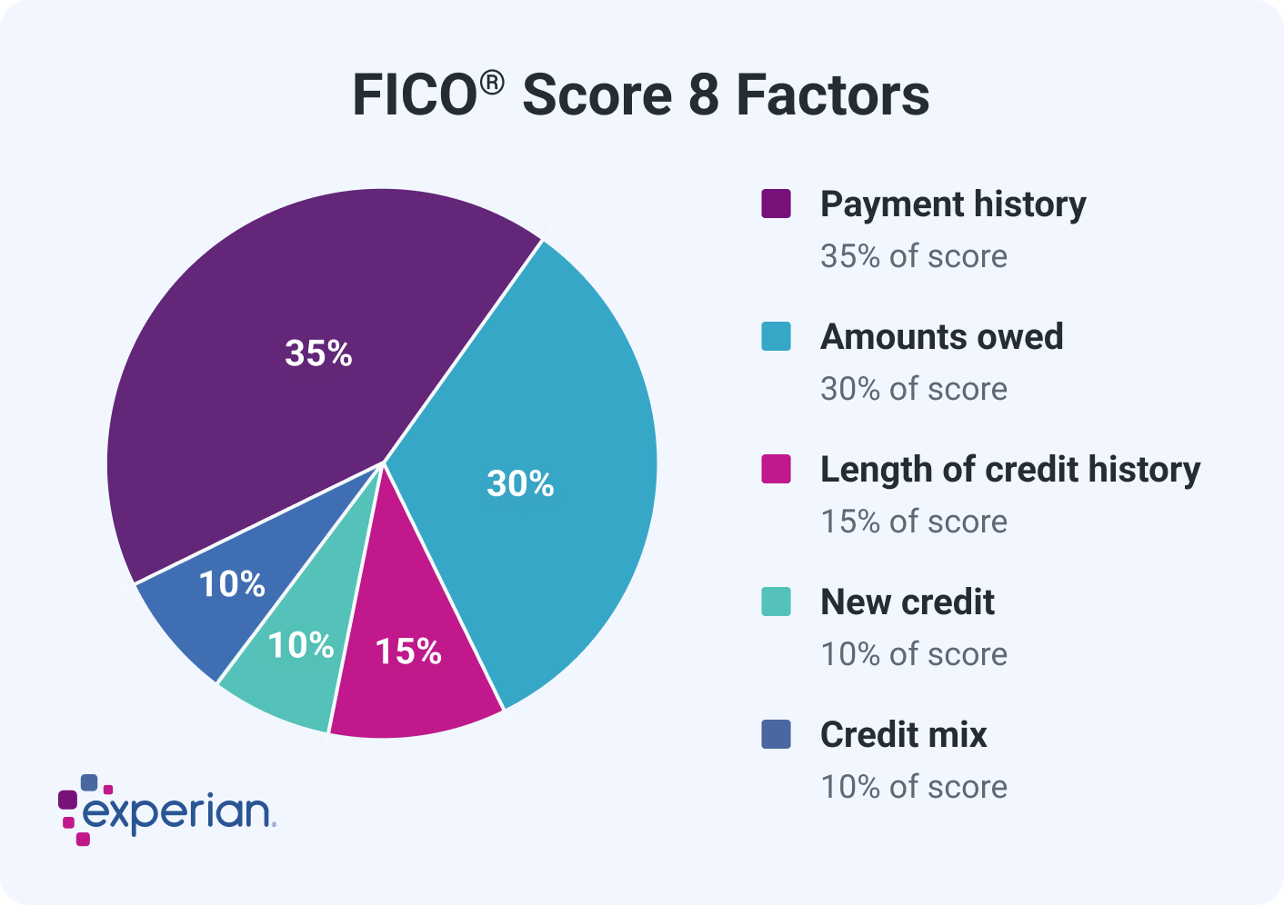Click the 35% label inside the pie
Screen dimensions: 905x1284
(318, 353)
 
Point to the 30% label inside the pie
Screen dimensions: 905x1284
(520, 484)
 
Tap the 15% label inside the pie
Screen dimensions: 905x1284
(408, 651)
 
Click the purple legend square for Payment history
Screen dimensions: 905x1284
(776, 204)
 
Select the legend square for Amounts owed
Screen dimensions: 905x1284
(776, 336)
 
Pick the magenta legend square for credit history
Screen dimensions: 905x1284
(776, 469)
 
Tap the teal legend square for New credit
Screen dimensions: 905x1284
(776, 602)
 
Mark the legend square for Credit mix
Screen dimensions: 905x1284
(776, 734)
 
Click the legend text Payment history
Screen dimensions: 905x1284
(953, 204)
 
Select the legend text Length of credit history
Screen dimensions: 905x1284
(1010, 470)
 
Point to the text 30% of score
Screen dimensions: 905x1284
(914, 389)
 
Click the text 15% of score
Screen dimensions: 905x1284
(914, 522)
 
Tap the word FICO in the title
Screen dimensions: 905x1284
(415, 95)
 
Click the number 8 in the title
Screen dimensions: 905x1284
(703, 95)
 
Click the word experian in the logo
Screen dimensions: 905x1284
(176, 811)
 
